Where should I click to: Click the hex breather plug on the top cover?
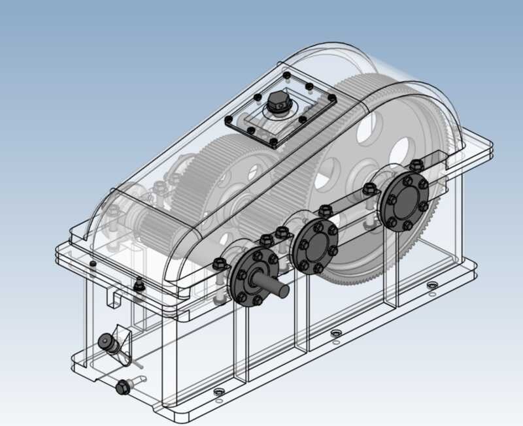point(277,103)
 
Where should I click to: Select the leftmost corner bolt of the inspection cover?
point(228,122)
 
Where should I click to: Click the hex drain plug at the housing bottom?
point(122,387)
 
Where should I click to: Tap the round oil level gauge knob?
point(105,341)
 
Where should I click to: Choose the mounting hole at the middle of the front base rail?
point(336,333)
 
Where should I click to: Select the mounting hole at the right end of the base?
point(431,286)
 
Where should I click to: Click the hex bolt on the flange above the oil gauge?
point(139,286)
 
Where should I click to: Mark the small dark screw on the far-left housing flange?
point(92,264)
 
